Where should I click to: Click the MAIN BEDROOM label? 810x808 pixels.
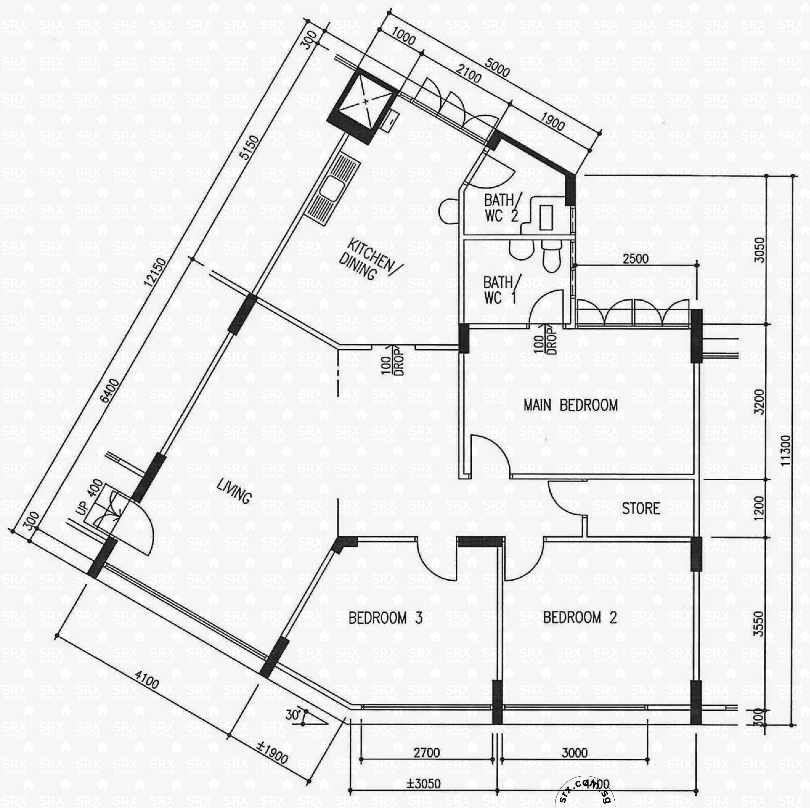click(570, 406)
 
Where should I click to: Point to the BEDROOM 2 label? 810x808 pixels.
click(580, 618)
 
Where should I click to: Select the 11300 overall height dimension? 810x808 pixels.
click(785, 451)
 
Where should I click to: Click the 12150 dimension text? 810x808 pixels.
click(155, 272)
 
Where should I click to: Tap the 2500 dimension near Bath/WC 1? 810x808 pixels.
click(635, 259)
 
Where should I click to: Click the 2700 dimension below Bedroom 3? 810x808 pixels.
click(427, 753)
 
